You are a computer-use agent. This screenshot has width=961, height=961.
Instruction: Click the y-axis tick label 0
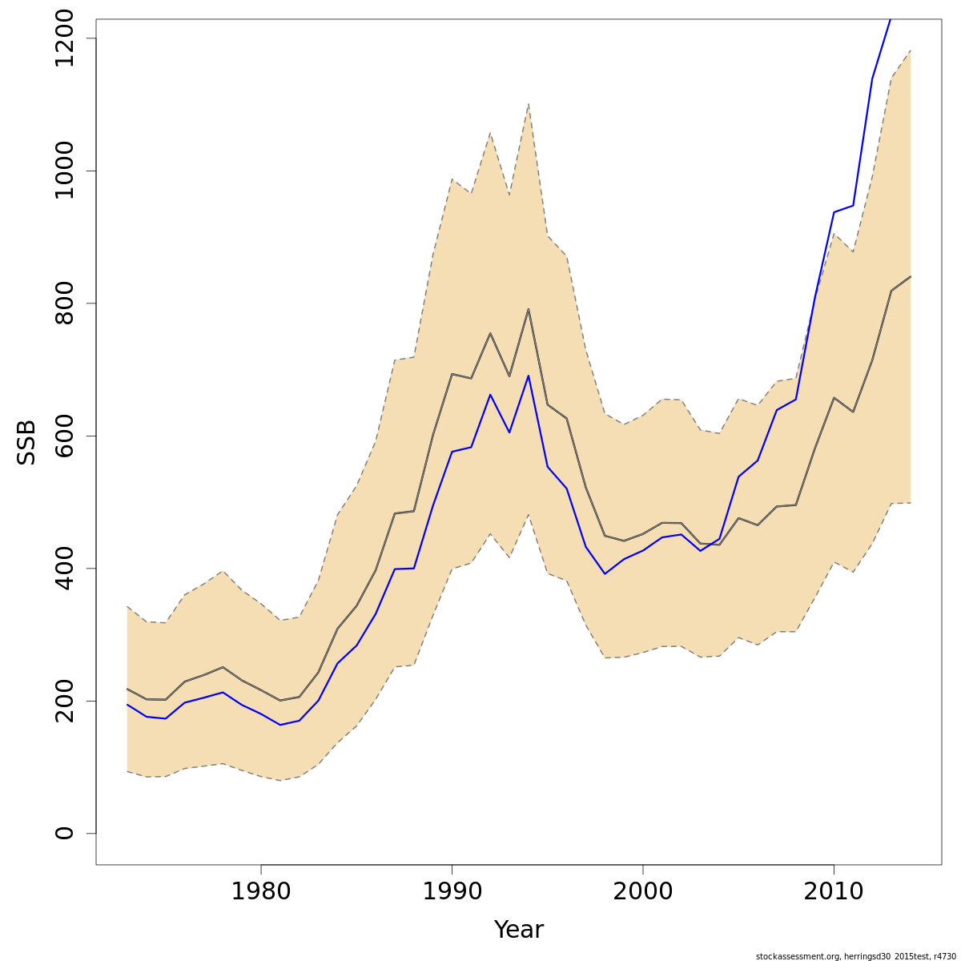click(x=64, y=833)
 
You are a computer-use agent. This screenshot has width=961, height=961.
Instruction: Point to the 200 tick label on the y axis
click(x=64, y=701)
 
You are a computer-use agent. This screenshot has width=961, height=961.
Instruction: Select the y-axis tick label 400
click(x=64, y=568)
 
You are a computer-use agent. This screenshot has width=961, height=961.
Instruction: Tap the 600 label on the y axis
click(x=64, y=436)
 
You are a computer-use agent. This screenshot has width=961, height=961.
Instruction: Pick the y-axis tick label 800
click(x=64, y=304)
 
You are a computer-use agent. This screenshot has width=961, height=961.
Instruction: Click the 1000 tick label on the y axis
click(x=64, y=171)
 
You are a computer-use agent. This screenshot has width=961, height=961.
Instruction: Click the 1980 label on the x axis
click(x=261, y=891)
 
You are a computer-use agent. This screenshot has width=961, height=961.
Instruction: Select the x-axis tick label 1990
click(x=452, y=891)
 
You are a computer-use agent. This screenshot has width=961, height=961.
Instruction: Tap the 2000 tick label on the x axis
click(x=643, y=891)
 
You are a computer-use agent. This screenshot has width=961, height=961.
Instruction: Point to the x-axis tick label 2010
click(x=834, y=891)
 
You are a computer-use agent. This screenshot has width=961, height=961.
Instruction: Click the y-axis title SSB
click(x=27, y=442)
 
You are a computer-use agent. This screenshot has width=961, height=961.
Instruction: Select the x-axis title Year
click(x=518, y=930)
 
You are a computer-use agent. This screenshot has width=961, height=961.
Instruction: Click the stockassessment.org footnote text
click(x=855, y=956)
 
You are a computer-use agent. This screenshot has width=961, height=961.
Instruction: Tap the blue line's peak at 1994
click(x=529, y=376)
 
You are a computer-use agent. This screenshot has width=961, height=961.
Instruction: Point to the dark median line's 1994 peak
click(x=529, y=309)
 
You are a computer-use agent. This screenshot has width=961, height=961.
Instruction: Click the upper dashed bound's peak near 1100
click(x=529, y=104)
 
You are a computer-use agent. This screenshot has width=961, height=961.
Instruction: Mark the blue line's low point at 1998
click(x=605, y=573)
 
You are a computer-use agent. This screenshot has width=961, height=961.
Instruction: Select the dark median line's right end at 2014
click(x=911, y=276)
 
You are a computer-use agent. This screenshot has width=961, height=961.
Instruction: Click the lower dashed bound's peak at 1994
click(x=529, y=514)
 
